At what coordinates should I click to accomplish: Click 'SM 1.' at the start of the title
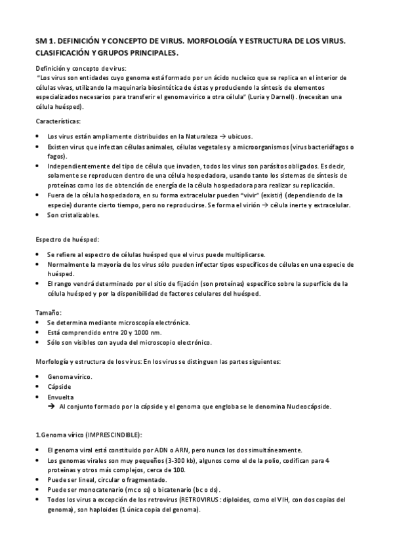tap(45, 41)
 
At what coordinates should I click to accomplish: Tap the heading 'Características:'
tap(57, 121)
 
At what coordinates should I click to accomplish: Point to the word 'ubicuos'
tap(246, 136)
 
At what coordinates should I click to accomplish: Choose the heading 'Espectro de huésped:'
tap(67, 240)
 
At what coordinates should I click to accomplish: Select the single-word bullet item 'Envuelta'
tap(60, 397)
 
